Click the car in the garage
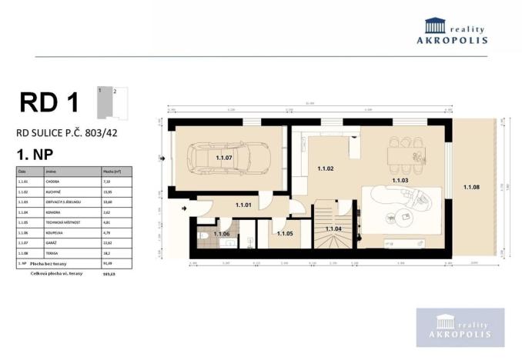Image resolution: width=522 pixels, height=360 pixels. (231, 159)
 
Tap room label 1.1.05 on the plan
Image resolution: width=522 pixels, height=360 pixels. (284, 233)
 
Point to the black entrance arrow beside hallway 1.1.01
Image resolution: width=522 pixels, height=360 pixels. (182, 207)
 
